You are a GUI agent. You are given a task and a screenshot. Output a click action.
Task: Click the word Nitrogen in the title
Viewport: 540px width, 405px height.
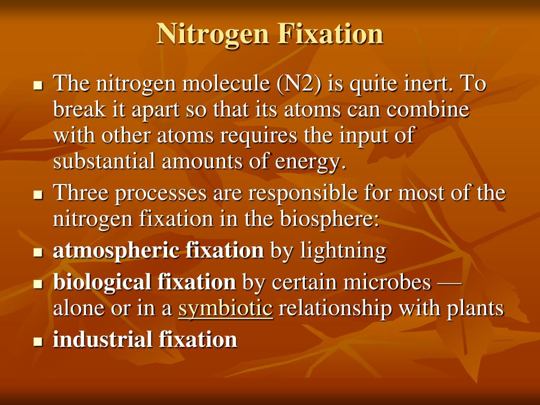pyautogui.click(x=213, y=34)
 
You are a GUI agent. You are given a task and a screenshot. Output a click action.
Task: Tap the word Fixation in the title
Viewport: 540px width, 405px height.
pyautogui.click(x=330, y=34)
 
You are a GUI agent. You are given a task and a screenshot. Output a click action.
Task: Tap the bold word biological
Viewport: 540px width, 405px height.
pyautogui.click(x=102, y=282)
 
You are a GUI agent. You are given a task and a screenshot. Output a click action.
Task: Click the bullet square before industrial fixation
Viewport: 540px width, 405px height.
pyautogui.click(x=37, y=341)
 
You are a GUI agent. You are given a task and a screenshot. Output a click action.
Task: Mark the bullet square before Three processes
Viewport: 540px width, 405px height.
pyautogui.click(x=37, y=195)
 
